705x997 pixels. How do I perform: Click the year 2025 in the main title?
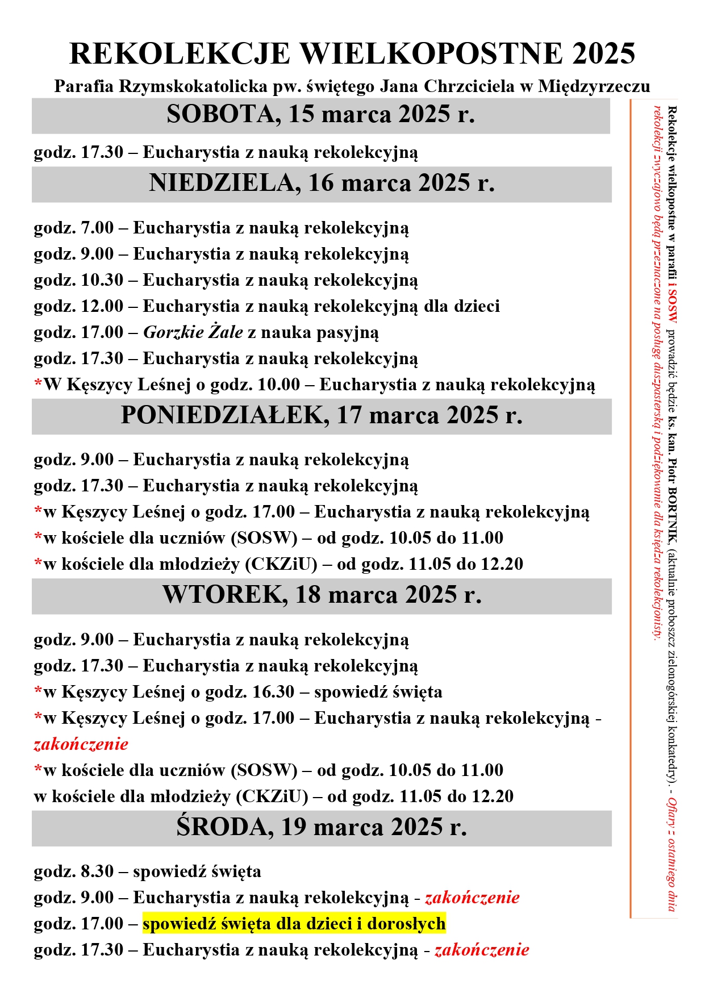(x=603, y=55)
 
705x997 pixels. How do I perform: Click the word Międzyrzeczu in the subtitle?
(x=594, y=87)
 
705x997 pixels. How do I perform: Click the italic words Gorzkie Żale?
(x=193, y=332)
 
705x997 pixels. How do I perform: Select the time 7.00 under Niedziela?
(x=97, y=228)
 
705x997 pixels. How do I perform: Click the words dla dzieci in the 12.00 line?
(x=462, y=306)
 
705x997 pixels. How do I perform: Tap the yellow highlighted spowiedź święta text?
(x=294, y=924)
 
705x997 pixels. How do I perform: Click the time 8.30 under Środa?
(x=97, y=871)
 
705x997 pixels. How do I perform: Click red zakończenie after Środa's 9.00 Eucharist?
(x=472, y=898)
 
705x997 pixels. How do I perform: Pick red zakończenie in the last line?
(x=482, y=950)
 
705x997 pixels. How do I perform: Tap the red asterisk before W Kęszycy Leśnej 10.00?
(x=38, y=384)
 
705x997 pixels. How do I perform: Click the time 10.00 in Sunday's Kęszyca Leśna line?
(x=278, y=385)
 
